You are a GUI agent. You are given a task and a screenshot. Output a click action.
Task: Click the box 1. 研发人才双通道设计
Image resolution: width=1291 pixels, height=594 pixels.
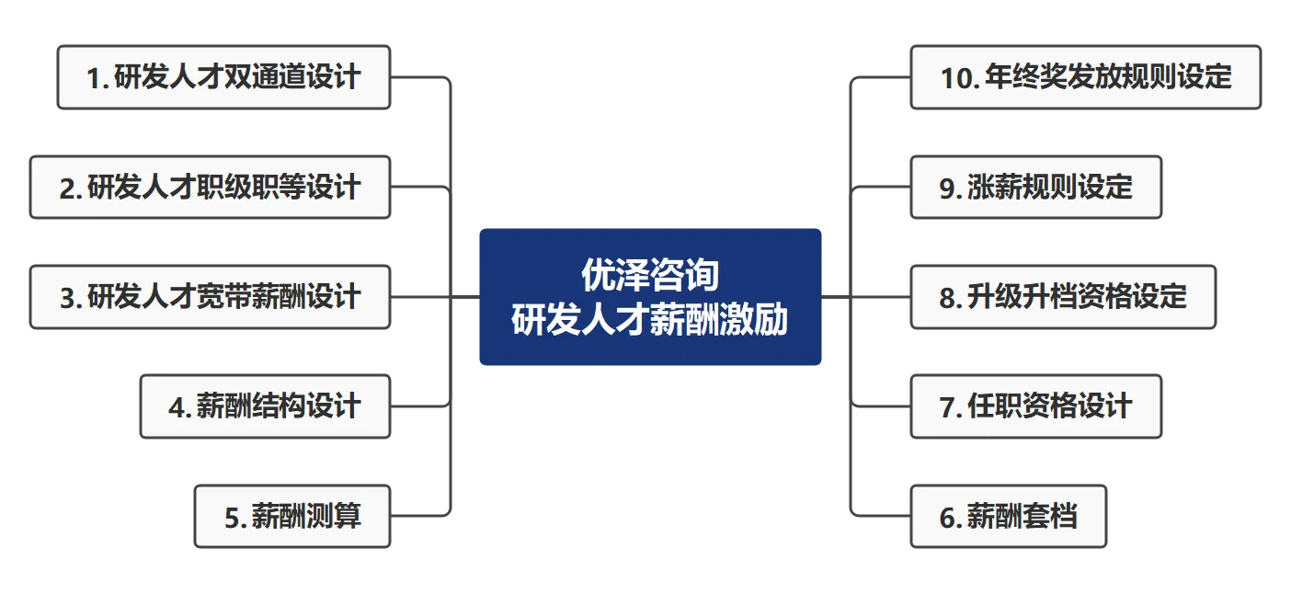click(225, 78)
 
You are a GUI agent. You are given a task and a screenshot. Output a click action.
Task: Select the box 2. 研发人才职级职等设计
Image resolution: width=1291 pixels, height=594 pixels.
click(210, 188)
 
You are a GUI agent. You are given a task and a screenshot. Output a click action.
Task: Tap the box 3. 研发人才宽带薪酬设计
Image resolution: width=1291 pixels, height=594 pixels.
click(210, 297)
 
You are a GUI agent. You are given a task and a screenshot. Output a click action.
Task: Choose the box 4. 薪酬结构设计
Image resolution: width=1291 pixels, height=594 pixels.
click(265, 406)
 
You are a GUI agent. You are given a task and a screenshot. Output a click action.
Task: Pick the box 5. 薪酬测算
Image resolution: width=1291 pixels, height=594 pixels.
click(292, 516)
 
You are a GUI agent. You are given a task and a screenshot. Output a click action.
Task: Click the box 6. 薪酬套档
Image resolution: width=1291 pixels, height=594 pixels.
click(1008, 516)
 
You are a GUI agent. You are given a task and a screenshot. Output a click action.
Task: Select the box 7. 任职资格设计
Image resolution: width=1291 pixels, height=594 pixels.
click(1035, 406)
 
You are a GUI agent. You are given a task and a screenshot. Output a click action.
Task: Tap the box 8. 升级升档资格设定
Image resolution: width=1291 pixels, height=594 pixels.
click(1063, 297)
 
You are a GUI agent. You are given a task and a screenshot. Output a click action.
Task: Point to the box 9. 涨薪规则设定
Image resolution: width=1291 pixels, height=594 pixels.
click(1035, 188)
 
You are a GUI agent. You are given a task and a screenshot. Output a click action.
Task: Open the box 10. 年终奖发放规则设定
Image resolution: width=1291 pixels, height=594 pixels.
click(1085, 78)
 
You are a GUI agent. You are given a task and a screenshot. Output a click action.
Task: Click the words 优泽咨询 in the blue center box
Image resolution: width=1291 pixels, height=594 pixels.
click(650, 275)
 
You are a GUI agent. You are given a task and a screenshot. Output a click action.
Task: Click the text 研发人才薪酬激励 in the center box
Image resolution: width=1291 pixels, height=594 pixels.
click(650, 320)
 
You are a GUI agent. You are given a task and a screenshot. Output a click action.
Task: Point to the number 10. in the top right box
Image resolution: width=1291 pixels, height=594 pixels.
click(959, 78)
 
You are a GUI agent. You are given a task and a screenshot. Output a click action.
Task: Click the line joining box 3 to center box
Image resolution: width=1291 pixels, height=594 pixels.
click(437, 297)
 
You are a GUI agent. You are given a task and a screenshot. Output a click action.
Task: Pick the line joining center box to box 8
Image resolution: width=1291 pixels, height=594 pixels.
click(864, 297)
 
